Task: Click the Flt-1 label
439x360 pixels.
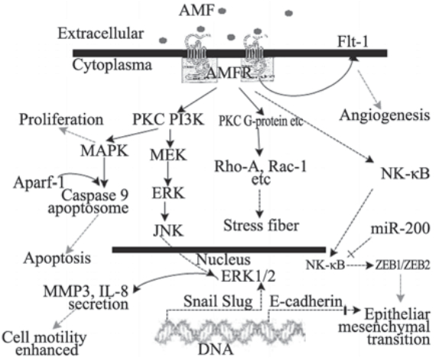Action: [353, 42]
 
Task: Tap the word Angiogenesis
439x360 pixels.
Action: [385, 115]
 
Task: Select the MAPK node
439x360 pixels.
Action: [105, 151]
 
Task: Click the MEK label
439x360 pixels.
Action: [168, 154]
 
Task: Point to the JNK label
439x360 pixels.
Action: [168, 231]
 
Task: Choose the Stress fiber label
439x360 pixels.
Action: [262, 225]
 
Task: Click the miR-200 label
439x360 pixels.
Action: [400, 229]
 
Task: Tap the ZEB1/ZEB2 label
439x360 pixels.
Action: [402, 265]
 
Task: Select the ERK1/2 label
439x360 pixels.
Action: [248, 277]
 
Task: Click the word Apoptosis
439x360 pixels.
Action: [57, 258]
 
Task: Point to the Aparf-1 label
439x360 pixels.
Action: [39, 183]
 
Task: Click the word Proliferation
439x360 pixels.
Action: [61, 120]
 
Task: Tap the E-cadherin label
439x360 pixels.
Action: [306, 302]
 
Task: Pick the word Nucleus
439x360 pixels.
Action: [223, 259]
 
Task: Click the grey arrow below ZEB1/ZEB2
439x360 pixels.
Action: [401, 288]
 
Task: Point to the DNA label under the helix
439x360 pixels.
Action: [216, 349]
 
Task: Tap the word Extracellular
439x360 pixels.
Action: [101, 34]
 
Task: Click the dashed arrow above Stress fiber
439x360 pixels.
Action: [260, 203]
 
